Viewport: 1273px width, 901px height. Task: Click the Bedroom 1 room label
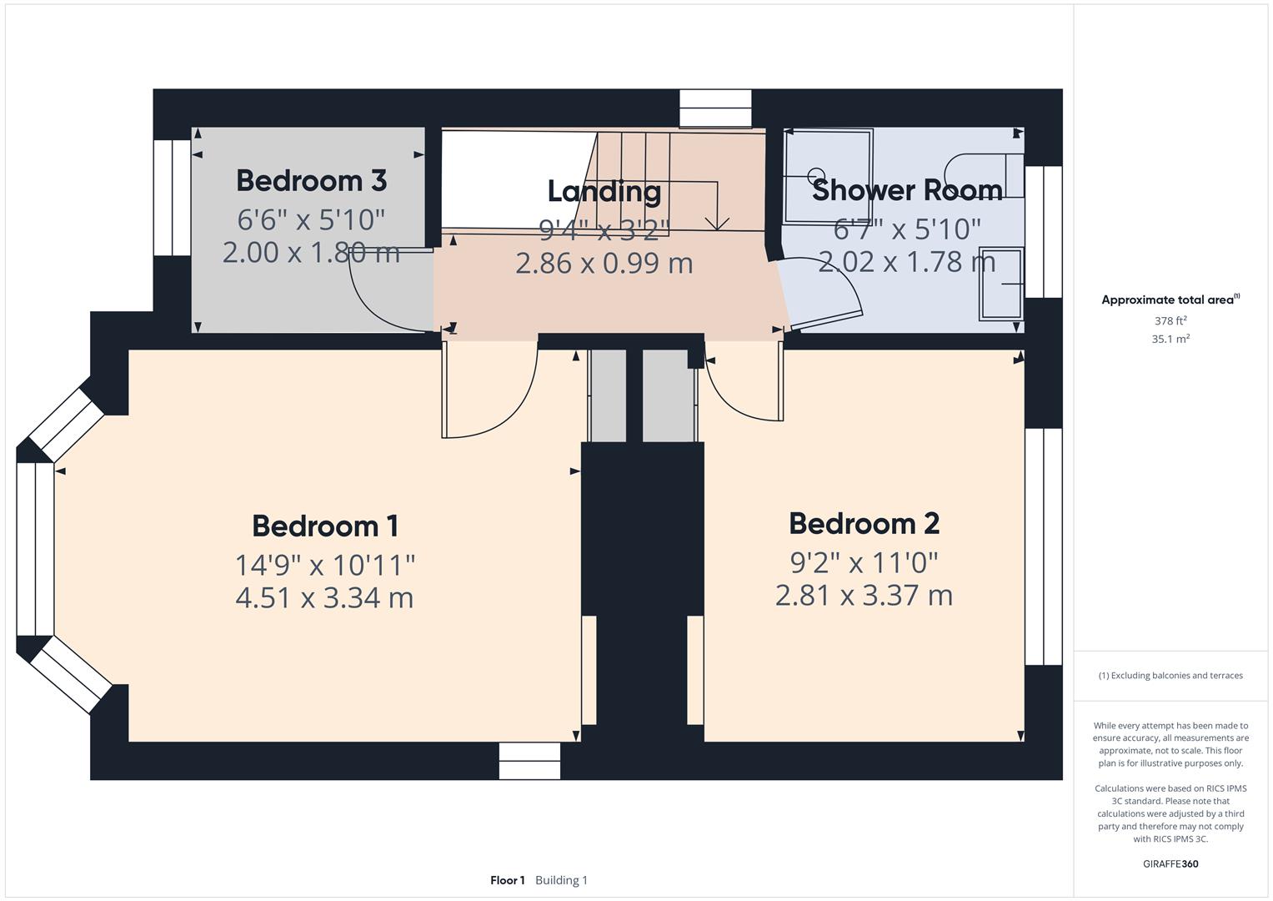click(x=325, y=526)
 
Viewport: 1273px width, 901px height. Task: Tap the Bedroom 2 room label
click(x=864, y=524)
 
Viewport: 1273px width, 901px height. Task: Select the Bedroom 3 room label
click(x=311, y=180)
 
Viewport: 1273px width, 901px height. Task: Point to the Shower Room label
click(x=907, y=190)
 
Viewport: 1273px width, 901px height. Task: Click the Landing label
click(x=604, y=191)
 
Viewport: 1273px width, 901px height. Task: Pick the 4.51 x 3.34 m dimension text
click(x=324, y=598)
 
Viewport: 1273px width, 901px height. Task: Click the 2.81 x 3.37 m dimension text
click(x=864, y=596)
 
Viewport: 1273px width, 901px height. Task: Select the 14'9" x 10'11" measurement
click(x=324, y=565)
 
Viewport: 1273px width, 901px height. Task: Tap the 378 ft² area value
click(x=1170, y=320)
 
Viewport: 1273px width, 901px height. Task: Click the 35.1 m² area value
click(x=1170, y=339)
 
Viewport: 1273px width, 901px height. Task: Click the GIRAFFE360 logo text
click(x=1170, y=863)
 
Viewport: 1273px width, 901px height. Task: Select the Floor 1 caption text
click(x=507, y=880)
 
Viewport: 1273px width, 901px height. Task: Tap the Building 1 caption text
click(x=561, y=880)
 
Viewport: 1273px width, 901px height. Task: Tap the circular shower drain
click(x=814, y=176)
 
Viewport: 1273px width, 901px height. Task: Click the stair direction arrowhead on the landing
click(x=717, y=223)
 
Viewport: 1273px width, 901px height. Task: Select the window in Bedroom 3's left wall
click(x=173, y=198)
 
